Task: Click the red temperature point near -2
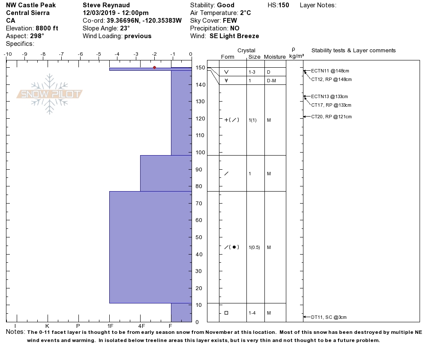click(154, 68)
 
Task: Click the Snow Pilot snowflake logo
click(50, 94)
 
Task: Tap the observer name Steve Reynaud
click(106, 5)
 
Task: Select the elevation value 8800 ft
click(47, 28)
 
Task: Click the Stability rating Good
click(225, 5)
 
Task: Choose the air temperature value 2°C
click(245, 13)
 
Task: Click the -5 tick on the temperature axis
click(99, 54)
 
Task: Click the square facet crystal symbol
click(226, 313)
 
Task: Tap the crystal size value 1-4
click(252, 313)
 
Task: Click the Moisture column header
click(275, 57)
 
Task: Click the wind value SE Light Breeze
click(234, 36)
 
